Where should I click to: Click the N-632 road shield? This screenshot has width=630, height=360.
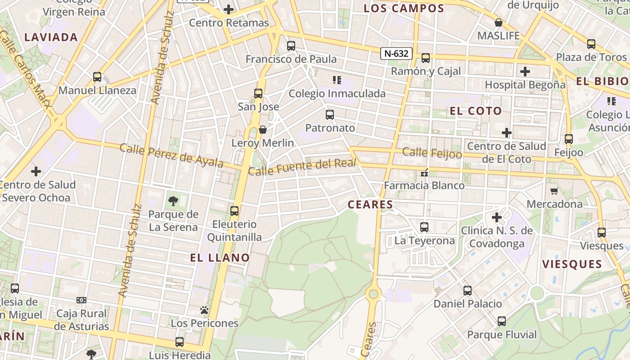click(396, 54)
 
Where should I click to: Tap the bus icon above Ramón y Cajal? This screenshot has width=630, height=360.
click(425, 58)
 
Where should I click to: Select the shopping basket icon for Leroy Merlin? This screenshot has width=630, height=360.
click(263, 130)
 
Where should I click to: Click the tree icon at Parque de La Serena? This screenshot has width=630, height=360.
click(173, 201)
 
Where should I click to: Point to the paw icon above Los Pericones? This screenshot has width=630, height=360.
click(204, 310)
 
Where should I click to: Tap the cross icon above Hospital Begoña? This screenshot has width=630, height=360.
click(525, 72)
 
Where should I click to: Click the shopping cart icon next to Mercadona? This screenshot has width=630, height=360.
click(554, 191)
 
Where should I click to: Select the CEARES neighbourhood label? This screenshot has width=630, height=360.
click(370, 205)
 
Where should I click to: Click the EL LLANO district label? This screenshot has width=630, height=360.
click(220, 258)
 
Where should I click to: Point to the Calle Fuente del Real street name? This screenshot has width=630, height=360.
click(302, 167)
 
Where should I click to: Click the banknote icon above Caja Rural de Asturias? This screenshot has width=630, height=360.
click(81, 300)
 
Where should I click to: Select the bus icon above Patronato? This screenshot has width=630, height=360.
click(330, 115)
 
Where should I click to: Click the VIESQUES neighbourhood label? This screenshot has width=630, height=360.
click(572, 264)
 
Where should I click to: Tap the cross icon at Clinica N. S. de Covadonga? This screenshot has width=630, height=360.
click(496, 218)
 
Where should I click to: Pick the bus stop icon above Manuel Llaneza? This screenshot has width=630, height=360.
click(97, 77)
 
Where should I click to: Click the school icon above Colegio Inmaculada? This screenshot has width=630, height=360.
click(337, 81)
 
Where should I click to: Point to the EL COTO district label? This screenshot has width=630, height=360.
click(476, 111)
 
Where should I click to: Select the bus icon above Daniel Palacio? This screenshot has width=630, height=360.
click(468, 291)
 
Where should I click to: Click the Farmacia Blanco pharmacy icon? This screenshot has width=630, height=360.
click(424, 172)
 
